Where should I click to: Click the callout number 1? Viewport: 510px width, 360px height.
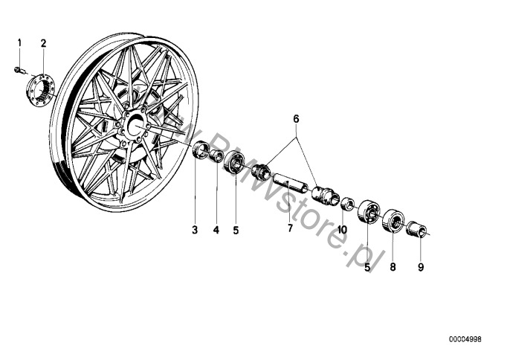pos(20,43)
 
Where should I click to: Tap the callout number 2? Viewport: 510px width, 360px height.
pos(43,43)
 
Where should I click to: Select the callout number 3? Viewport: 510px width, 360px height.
pos(195,230)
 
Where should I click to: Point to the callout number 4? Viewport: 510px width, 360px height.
pos(216,230)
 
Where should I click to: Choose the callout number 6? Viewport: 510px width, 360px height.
pos(295,119)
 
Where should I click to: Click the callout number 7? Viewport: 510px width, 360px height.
pos(291,228)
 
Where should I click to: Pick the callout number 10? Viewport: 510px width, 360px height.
pos(342,230)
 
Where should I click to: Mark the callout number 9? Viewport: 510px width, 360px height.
pos(421,267)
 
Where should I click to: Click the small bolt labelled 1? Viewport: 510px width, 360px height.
pos(17,71)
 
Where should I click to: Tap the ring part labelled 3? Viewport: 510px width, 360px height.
pos(200,152)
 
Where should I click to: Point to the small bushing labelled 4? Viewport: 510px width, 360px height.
pos(217,155)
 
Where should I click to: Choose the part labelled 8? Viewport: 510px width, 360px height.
pos(392,221)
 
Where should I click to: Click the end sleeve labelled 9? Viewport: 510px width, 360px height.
pos(418,228)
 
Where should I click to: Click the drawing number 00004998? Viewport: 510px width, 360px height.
pos(465,340)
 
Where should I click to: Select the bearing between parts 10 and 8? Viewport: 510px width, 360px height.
pos(368,211)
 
